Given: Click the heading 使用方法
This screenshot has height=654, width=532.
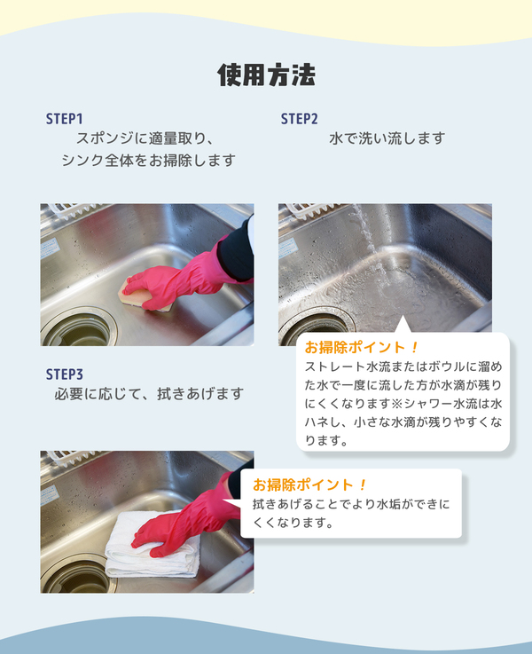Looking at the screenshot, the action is [x=266, y=75].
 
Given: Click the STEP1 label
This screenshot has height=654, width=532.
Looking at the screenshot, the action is [x=64, y=119].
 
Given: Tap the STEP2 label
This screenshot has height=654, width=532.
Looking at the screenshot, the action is [x=299, y=119].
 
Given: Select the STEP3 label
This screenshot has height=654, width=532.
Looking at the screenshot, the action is [x=65, y=374].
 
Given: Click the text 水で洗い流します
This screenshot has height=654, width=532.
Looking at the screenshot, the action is [x=387, y=138].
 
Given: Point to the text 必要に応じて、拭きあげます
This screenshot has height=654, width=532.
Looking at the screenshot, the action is [x=149, y=393].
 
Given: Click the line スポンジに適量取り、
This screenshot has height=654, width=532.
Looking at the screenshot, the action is [x=145, y=138].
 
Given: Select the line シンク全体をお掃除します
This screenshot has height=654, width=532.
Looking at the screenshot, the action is [x=149, y=160].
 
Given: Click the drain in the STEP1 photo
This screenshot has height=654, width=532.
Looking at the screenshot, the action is [x=78, y=329].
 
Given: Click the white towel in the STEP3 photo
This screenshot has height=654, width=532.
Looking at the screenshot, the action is [x=153, y=547].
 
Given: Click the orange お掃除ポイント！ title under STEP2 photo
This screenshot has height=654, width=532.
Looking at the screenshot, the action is [x=361, y=347].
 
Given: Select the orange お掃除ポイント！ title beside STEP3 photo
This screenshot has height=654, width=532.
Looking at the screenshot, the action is [x=309, y=485].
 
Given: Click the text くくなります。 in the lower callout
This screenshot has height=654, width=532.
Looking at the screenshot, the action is [x=293, y=522].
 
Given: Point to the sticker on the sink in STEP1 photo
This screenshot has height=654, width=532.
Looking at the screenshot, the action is [x=50, y=248].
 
